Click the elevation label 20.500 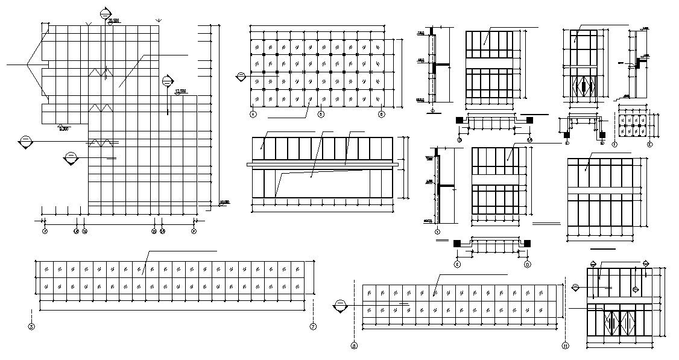[x=114, y=21]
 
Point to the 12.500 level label [x=180, y=91]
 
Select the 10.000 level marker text [x=224, y=202]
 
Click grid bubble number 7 [x=313, y=327]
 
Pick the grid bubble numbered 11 [x=565, y=346]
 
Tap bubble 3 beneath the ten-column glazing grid [x=321, y=113]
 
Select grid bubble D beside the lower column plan [x=527, y=264]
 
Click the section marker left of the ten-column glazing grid [x=241, y=77]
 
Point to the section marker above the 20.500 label [x=106, y=13]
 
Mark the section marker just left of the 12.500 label [x=168, y=81]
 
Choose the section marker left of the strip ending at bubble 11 [x=340, y=306]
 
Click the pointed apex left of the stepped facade [x=28, y=63]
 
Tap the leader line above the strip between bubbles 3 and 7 [x=181, y=251]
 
